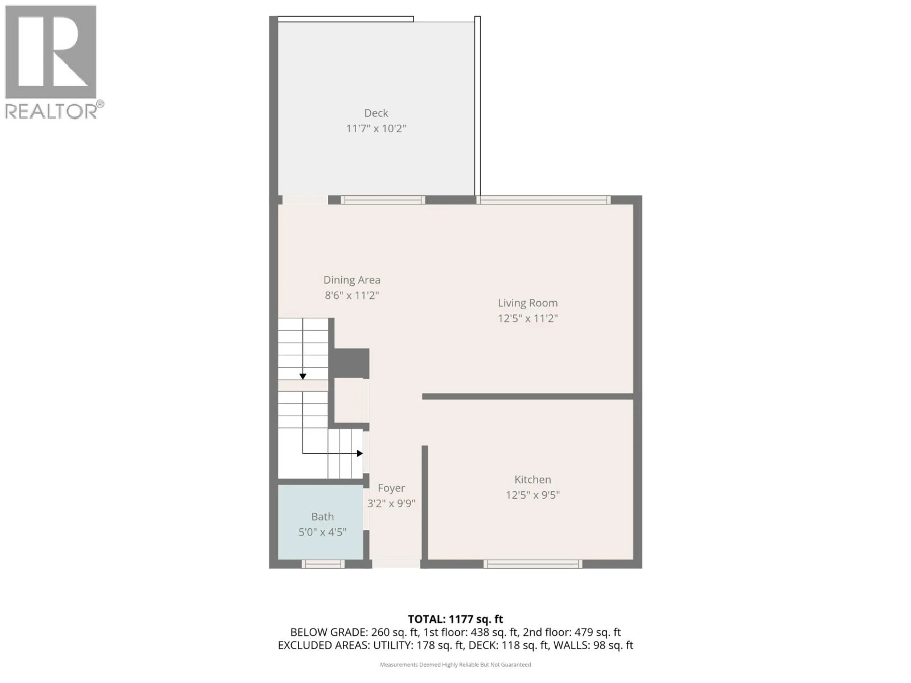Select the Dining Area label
coord(352,280)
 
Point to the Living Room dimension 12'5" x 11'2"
coord(528,318)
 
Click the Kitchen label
coord(533,479)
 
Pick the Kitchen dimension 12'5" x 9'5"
coord(533,495)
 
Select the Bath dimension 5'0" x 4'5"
coord(322,532)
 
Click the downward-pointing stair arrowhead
coord(303,376)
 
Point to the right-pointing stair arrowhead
coord(360,453)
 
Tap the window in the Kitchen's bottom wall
coord(533,564)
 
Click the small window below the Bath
coord(323,564)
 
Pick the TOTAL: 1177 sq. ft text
coord(455,619)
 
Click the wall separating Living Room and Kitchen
coord(527,397)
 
